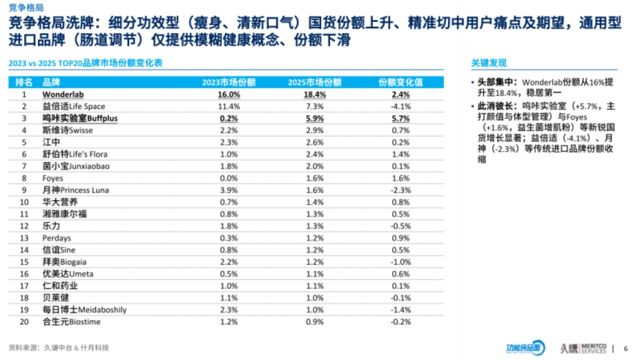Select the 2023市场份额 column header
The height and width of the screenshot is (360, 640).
229,83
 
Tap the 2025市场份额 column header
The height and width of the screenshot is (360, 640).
314,83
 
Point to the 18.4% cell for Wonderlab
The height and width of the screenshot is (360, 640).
314,94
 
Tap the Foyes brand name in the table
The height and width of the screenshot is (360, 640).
52,178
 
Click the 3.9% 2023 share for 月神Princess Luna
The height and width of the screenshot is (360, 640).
229,190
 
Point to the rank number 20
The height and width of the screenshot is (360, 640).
24,322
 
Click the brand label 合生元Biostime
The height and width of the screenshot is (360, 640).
71,322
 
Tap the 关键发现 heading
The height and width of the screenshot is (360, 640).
488,63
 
